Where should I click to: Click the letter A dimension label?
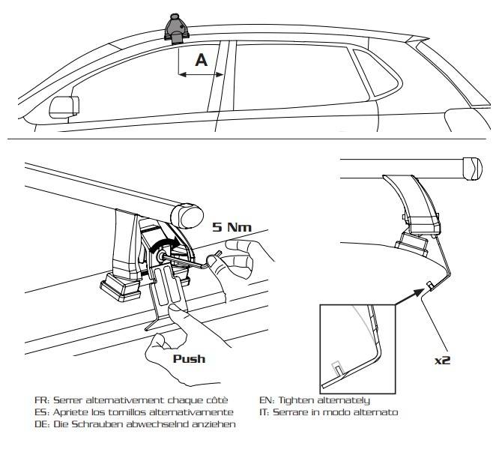201,60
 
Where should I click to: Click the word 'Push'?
190,358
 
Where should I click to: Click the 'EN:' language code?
267,400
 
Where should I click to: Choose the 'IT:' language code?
265,412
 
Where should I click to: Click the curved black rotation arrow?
164,245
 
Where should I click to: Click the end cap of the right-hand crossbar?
475,168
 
